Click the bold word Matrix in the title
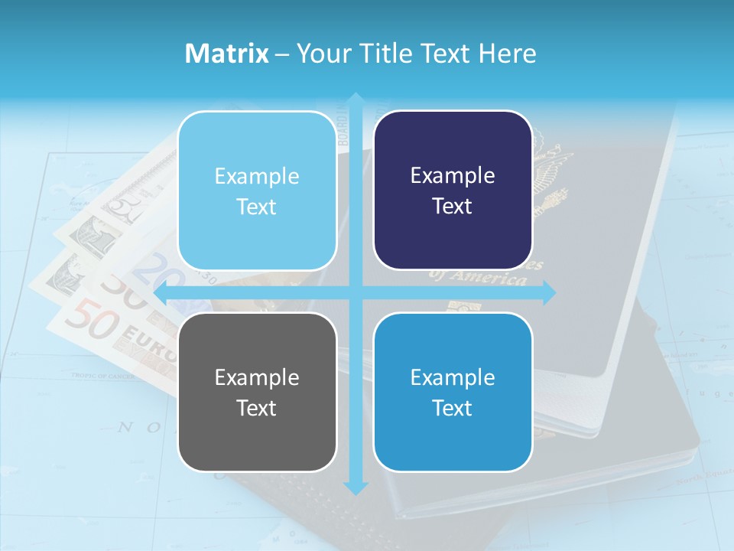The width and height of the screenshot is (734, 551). click(x=227, y=54)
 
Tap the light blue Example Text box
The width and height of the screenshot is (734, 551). click(x=257, y=191)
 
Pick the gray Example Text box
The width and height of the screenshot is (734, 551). click(x=257, y=392)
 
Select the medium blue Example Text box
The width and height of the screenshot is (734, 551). click(x=453, y=392)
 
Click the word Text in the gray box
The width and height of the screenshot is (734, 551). click(x=257, y=408)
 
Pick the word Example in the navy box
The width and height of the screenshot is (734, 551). click(x=453, y=175)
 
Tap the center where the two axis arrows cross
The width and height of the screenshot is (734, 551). click(x=356, y=292)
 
